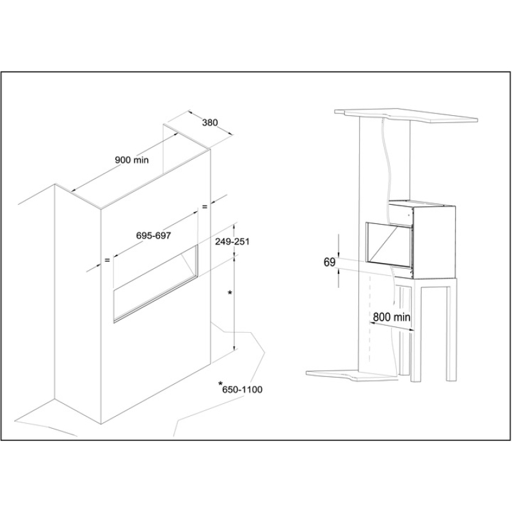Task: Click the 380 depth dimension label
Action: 210,123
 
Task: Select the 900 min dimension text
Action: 132,160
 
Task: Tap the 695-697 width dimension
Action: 154,236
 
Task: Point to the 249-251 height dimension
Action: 232,242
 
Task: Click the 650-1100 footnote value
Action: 243,390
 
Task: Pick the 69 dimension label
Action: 330,262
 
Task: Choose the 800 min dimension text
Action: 392,317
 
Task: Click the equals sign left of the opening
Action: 107,260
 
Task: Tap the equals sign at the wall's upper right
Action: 205,207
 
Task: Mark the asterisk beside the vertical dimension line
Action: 230,293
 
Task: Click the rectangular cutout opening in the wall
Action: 156,284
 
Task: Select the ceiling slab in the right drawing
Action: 406,116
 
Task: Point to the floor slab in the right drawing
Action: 353,375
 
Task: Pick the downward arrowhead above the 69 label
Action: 339,254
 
